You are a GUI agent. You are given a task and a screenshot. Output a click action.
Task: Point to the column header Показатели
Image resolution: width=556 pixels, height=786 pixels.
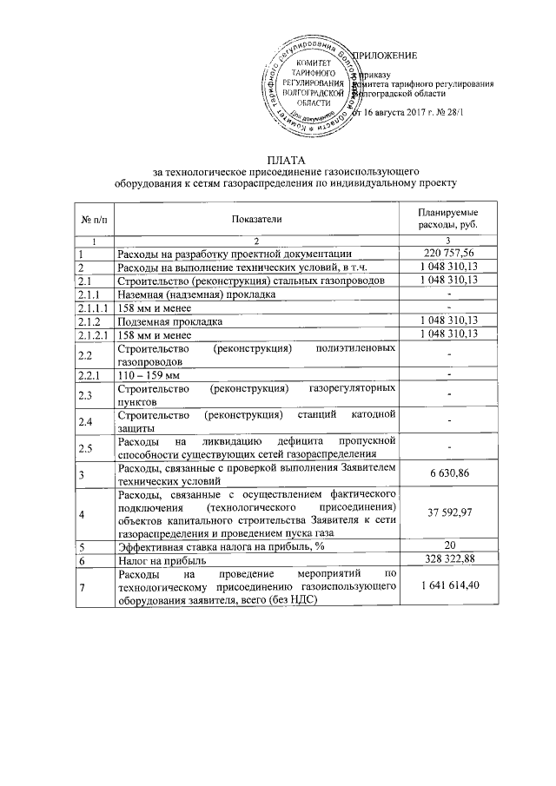click(x=257, y=220)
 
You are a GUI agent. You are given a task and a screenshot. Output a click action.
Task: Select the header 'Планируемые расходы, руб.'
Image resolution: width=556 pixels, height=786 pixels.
click(x=449, y=220)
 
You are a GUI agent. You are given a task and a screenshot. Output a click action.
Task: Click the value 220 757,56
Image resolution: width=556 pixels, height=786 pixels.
click(x=449, y=253)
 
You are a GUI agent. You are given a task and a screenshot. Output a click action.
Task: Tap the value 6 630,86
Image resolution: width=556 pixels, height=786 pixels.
click(x=449, y=474)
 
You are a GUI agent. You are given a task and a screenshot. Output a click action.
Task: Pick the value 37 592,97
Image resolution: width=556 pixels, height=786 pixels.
click(x=449, y=514)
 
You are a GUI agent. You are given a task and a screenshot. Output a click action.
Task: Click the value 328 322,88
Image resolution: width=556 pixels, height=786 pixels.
click(x=449, y=560)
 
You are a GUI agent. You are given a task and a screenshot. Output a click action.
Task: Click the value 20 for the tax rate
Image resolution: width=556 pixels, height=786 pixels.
click(x=449, y=546)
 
